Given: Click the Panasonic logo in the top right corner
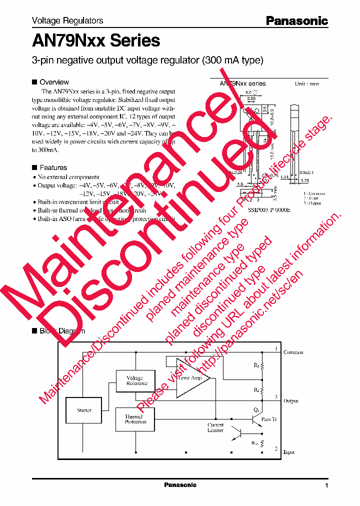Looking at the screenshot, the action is click(296, 20).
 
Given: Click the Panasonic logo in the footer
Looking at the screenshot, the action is click(180, 485).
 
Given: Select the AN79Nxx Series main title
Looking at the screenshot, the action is click(96, 40).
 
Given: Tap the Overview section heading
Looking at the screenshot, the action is click(54, 82).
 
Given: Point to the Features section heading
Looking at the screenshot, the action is click(53, 167).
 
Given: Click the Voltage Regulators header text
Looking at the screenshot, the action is click(67, 20).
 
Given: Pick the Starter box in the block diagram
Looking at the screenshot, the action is click(84, 410).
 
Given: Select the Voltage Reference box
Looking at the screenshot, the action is click(135, 380).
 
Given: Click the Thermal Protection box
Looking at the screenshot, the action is click(135, 419).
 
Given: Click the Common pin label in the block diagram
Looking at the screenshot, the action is click(293, 352).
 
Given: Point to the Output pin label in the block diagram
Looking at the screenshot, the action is click(291, 401).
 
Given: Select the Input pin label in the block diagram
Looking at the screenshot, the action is click(289, 452).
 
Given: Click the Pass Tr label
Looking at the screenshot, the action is click(269, 419).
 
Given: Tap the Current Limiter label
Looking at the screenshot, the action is click(215, 427).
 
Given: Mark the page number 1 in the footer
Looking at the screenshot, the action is click(326, 485).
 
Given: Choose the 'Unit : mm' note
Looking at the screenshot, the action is click(306, 84).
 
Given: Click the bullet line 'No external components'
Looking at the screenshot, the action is click(68, 177).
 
